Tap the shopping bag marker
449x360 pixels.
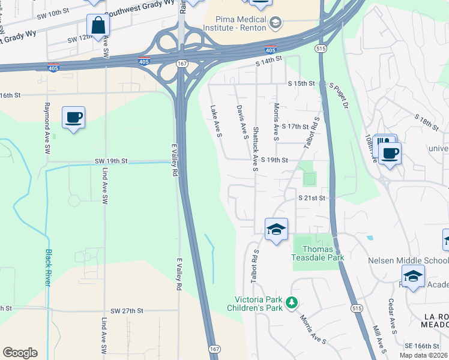98,26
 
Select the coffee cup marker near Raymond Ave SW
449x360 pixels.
73,118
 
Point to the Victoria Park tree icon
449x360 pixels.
292,302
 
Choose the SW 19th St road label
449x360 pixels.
111,161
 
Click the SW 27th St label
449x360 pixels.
127,311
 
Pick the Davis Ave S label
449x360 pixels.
242,122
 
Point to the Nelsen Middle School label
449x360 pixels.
408,260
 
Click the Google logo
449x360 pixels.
20,353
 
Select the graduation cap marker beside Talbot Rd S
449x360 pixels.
277,229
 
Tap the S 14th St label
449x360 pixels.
268,61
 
